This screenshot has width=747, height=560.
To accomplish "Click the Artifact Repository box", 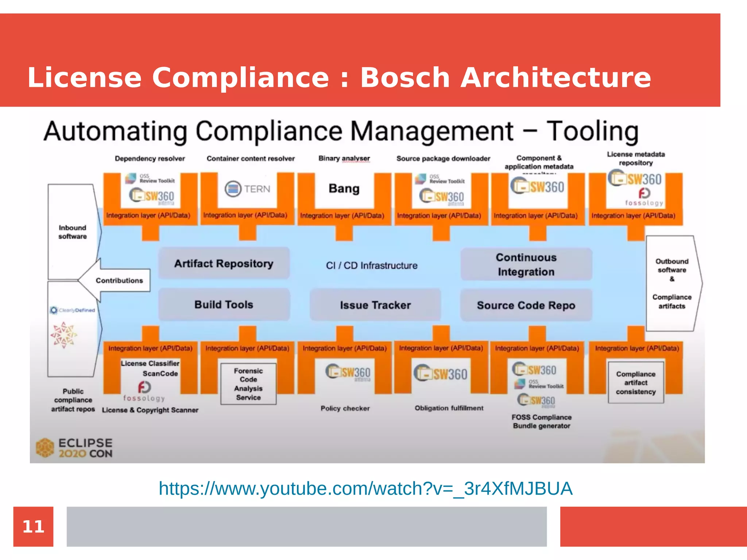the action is pos(224,263).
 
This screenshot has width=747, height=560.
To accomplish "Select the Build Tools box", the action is pos(224,305).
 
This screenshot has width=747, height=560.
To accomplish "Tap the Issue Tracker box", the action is pos(375,305).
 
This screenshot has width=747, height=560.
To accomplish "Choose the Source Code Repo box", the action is pos(526,305).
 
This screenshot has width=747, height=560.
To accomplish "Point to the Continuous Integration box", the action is pos(526,265).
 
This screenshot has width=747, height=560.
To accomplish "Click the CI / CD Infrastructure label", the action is pos(372,265).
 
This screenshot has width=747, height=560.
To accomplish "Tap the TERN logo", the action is pos(248,189).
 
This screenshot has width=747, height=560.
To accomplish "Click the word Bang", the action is pos(344,188).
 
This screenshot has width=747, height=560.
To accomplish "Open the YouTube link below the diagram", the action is pos(365,489).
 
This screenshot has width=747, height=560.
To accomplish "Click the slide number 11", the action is pos(33,526).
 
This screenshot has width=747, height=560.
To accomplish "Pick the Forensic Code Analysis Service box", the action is pos(248,384).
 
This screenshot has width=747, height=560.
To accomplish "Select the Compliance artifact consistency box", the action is pos(636,383).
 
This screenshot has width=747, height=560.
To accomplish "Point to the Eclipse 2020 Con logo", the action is pos(75,448).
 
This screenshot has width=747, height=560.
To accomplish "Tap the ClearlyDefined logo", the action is pos(73,310).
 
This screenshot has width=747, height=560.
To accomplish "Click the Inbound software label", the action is pos(73,232).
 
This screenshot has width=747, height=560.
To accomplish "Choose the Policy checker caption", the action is pos(345,408).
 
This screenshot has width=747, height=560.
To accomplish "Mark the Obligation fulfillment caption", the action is pos(449,408).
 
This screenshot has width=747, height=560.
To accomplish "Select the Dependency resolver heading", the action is pos(150,159).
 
